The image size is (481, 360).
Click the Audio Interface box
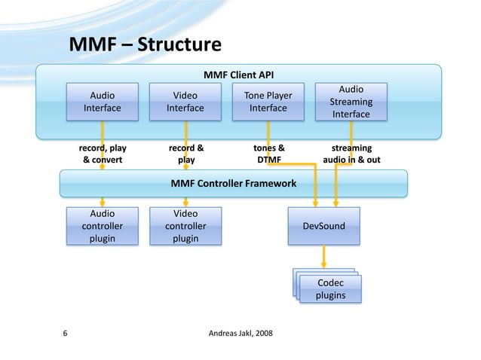coord(103,102)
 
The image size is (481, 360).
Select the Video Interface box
coord(185,102)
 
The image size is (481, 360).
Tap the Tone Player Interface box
coord(268,102)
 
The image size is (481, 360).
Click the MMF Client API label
coord(239,75)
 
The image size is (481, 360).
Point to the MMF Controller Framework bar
coord(233,183)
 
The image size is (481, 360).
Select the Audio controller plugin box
coord(103,225)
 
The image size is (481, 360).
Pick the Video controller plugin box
coord(185,225)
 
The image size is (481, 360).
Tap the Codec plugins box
coord(330,289)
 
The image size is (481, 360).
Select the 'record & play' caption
coord(185,154)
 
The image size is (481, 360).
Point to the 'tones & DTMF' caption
coord(269,154)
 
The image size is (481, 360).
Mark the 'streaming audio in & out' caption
coord(351,154)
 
